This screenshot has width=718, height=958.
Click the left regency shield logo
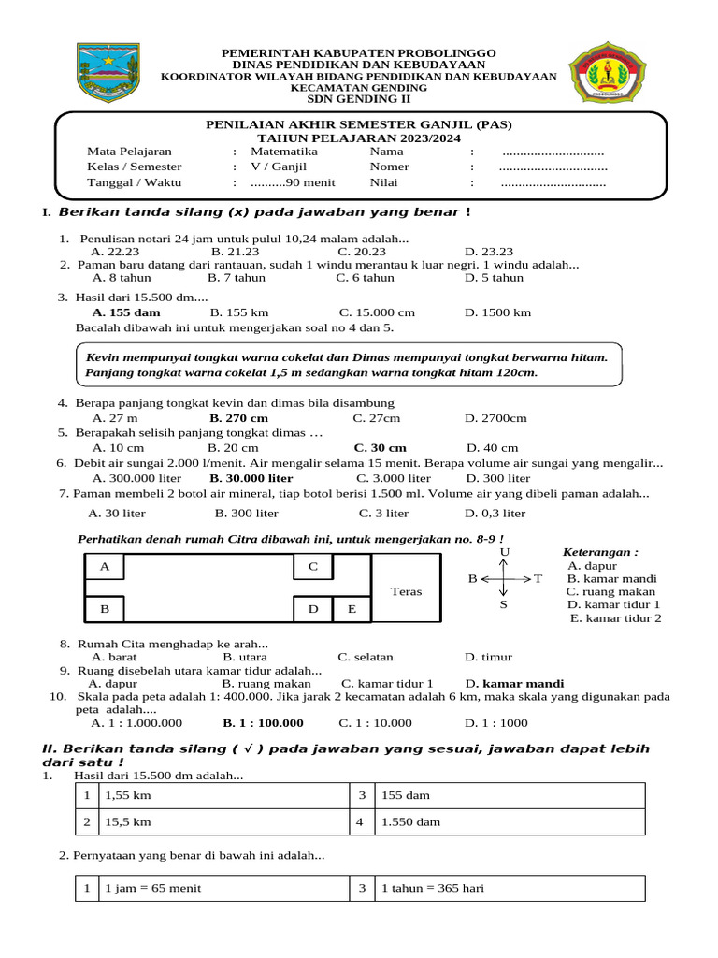[102, 72]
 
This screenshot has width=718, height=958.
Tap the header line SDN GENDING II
[359, 99]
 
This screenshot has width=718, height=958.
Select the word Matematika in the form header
[284, 152]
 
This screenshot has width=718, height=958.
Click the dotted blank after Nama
[553, 152]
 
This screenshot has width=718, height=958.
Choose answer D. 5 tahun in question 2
[494, 278]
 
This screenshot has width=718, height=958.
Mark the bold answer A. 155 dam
[126, 312]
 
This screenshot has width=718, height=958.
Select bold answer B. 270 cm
[238, 418]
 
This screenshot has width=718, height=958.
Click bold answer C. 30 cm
[380, 448]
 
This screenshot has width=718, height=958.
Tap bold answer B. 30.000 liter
[244, 478]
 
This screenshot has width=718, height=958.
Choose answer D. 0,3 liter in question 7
[495, 514]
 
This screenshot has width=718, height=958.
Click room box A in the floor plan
[105, 567]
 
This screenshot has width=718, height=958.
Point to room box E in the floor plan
[352, 609]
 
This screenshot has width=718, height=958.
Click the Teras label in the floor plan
[406, 592]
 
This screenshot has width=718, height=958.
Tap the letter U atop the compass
[504, 553]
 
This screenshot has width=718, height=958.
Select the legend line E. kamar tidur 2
[615, 618]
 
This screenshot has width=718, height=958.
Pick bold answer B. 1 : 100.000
[263, 723]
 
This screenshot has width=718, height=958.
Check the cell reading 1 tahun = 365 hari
[432, 888]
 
